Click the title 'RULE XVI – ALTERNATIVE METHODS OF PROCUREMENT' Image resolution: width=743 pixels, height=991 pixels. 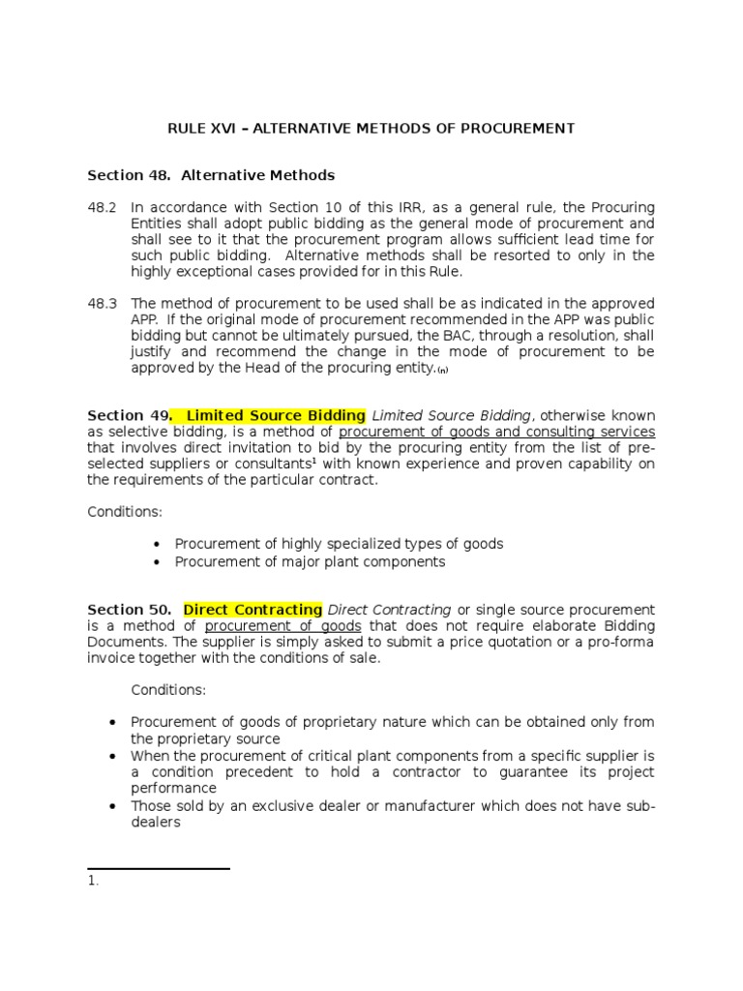371,128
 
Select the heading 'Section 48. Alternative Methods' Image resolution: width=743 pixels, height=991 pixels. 211,175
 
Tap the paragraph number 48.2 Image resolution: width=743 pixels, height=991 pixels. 101,208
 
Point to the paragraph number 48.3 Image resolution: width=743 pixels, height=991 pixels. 101,303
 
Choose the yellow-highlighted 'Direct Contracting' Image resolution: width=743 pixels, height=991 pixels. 253,610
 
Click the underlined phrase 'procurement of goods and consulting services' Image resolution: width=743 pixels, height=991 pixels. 496,432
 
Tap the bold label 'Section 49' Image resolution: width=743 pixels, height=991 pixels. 127,415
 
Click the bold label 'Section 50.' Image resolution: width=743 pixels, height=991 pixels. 130,610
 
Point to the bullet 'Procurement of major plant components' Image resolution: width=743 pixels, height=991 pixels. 310,561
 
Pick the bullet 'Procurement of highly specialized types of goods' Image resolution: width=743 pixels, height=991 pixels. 339,544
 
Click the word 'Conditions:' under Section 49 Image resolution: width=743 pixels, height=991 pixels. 125,511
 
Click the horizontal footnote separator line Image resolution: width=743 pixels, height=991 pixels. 158,869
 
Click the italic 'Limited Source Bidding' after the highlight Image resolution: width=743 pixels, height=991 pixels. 450,415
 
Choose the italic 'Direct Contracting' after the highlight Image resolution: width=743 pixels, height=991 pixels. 389,610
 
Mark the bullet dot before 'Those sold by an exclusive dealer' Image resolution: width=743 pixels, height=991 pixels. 113,806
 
